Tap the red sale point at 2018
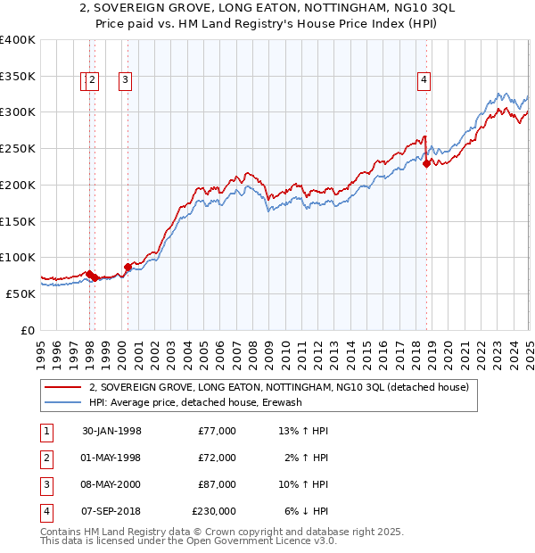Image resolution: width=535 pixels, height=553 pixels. pos(426,163)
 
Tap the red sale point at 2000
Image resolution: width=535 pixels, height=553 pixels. pos(128,267)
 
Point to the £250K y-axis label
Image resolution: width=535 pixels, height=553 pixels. pos(18,148)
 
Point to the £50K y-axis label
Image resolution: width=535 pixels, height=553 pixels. pos(21,293)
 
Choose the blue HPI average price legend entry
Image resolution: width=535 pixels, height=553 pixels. pos(195,402)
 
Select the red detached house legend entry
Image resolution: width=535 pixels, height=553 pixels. pos(284,387)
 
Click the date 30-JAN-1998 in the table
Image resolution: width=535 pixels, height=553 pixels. pos(111,431)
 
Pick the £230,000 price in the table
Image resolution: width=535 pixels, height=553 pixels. pos(214,512)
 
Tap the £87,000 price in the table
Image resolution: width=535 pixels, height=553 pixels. pos(217,484)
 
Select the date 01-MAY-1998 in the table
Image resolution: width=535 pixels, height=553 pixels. pos(111,458)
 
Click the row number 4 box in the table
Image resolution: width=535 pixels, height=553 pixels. pos(45,512)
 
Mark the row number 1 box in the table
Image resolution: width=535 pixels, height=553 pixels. pos(45,431)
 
